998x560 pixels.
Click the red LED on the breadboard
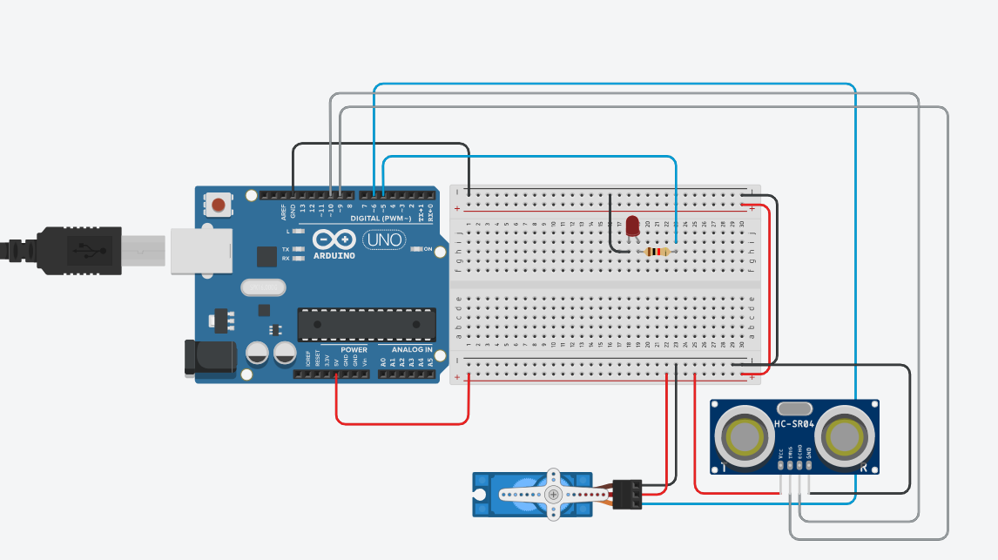632,225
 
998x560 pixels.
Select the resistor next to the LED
656,252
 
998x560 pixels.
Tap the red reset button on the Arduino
219,206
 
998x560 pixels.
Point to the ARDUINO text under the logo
334,256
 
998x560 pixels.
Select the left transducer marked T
745,434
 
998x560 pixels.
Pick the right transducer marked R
845,434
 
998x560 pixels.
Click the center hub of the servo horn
553,494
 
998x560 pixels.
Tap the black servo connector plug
628,494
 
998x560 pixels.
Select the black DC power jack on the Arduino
209,357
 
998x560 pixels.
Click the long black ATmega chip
367,324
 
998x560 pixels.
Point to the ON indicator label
428,249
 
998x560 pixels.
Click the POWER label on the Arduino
354,349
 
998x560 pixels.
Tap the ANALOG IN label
406,349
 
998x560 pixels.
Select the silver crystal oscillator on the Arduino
263,287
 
